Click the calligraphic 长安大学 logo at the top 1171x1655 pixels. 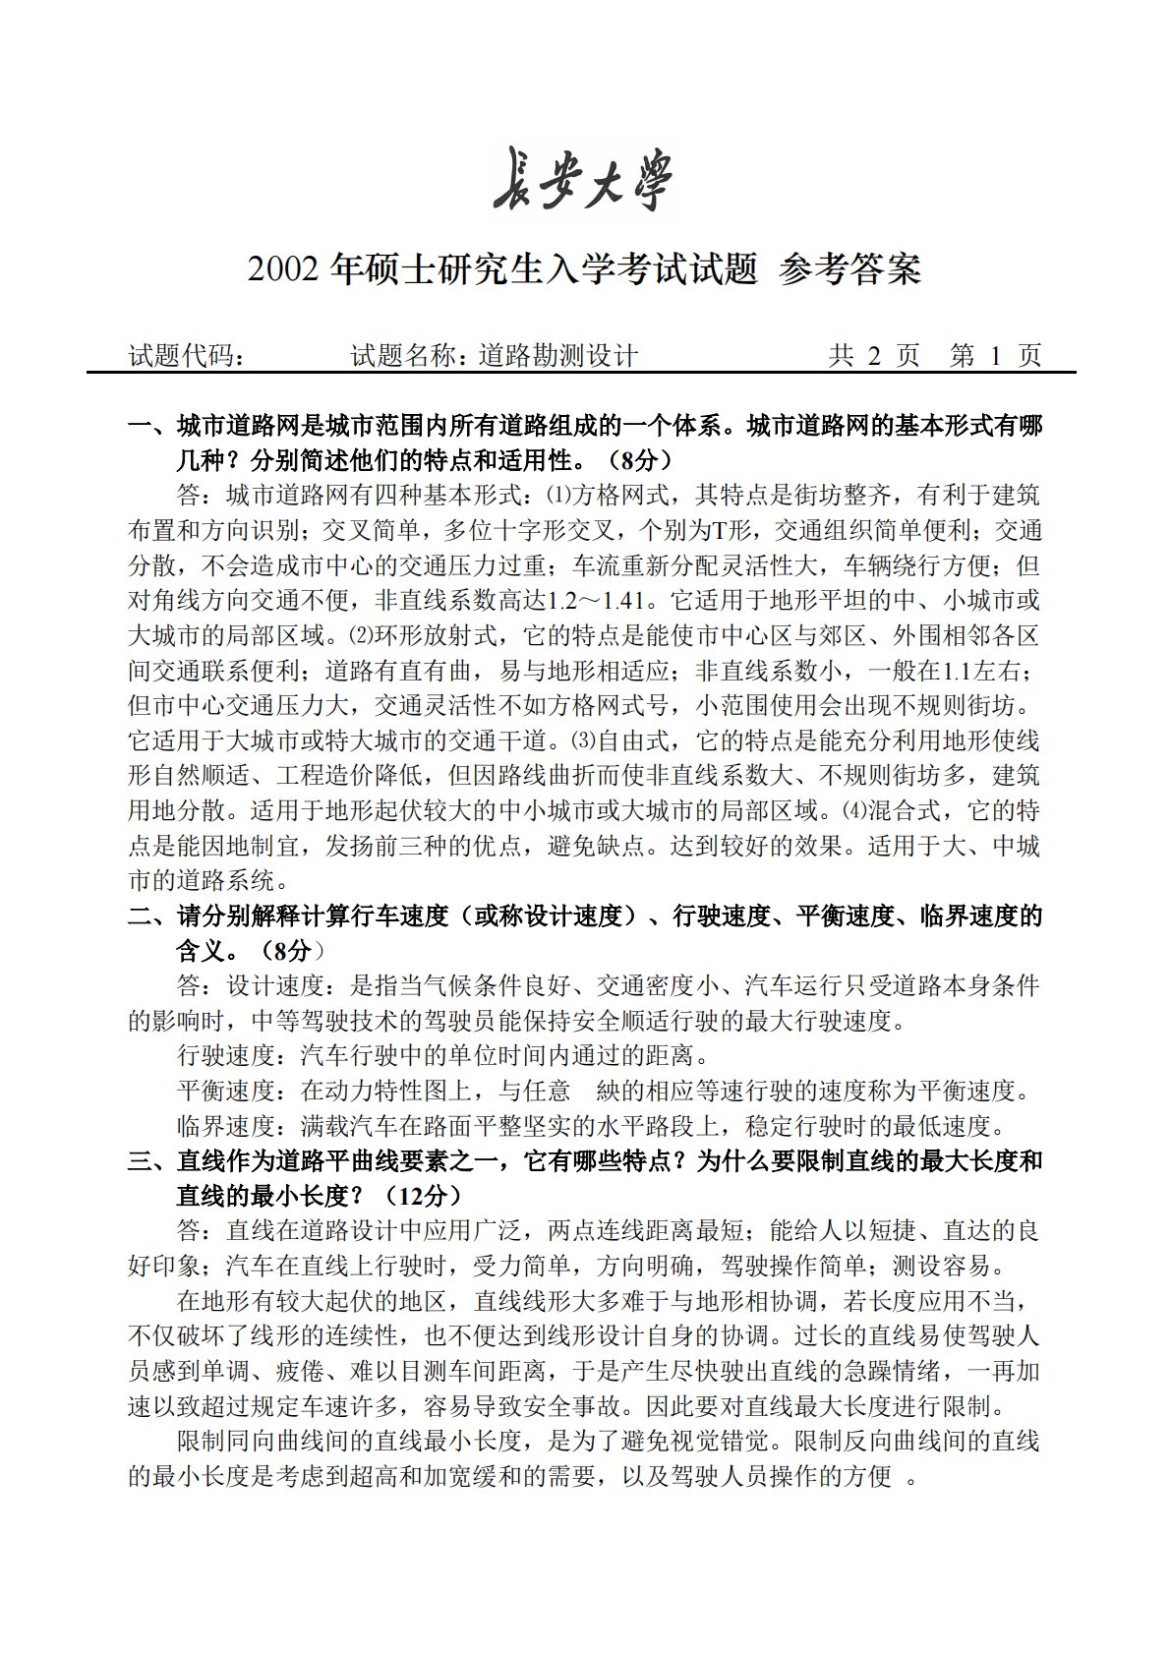tap(584, 180)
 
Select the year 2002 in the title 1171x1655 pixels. tap(284, 268)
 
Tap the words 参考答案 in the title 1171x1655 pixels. tap(849, 268)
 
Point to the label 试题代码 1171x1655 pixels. tap(187, 356)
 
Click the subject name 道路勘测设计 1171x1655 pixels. tap(558, 356)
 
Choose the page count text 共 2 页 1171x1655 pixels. tap(873, 356)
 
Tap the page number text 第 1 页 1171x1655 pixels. tap(995, 356)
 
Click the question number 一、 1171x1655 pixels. tap(151, 426)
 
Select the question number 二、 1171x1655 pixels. tap(151, 916)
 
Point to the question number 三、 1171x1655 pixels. tap(151, 1160)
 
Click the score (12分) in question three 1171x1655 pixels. tap(418, 1196)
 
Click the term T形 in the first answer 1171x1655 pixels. tap(731, 531)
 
